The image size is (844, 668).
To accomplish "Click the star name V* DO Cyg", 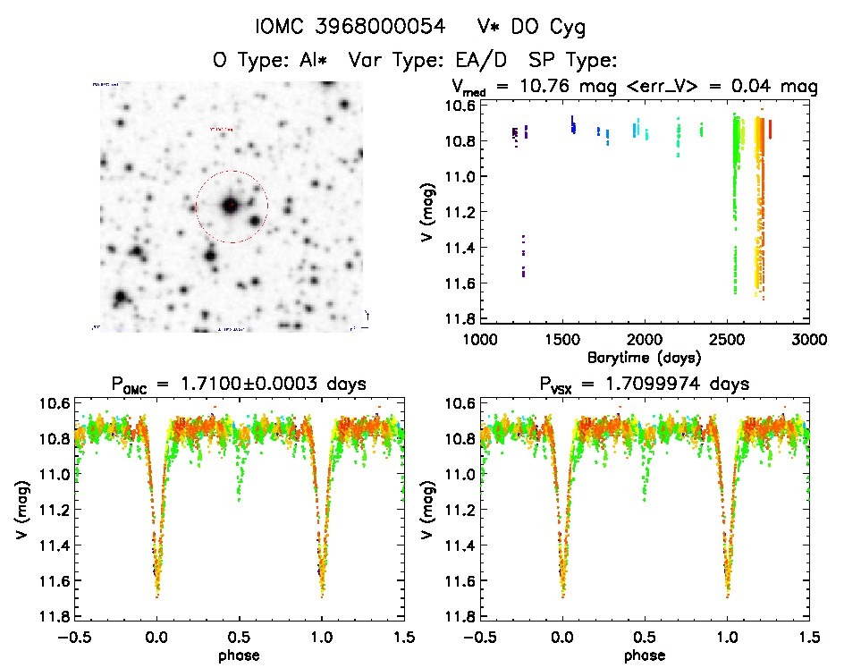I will [529, 28].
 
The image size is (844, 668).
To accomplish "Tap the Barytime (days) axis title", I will [644, 357].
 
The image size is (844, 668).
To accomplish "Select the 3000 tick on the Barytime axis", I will [809, 339].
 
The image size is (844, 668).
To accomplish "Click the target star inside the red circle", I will [231, 206].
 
